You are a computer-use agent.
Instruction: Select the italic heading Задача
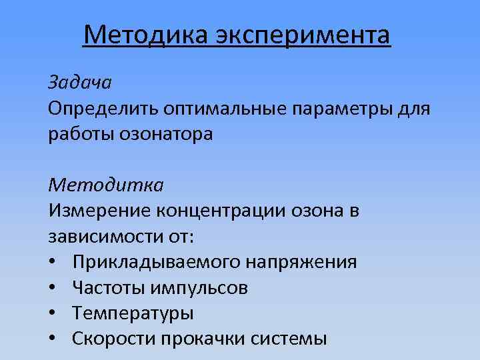[79, 83]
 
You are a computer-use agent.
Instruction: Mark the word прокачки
[217, 338]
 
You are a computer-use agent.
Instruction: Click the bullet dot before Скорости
[53, 338]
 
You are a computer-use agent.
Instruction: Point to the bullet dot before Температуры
[53, 313]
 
